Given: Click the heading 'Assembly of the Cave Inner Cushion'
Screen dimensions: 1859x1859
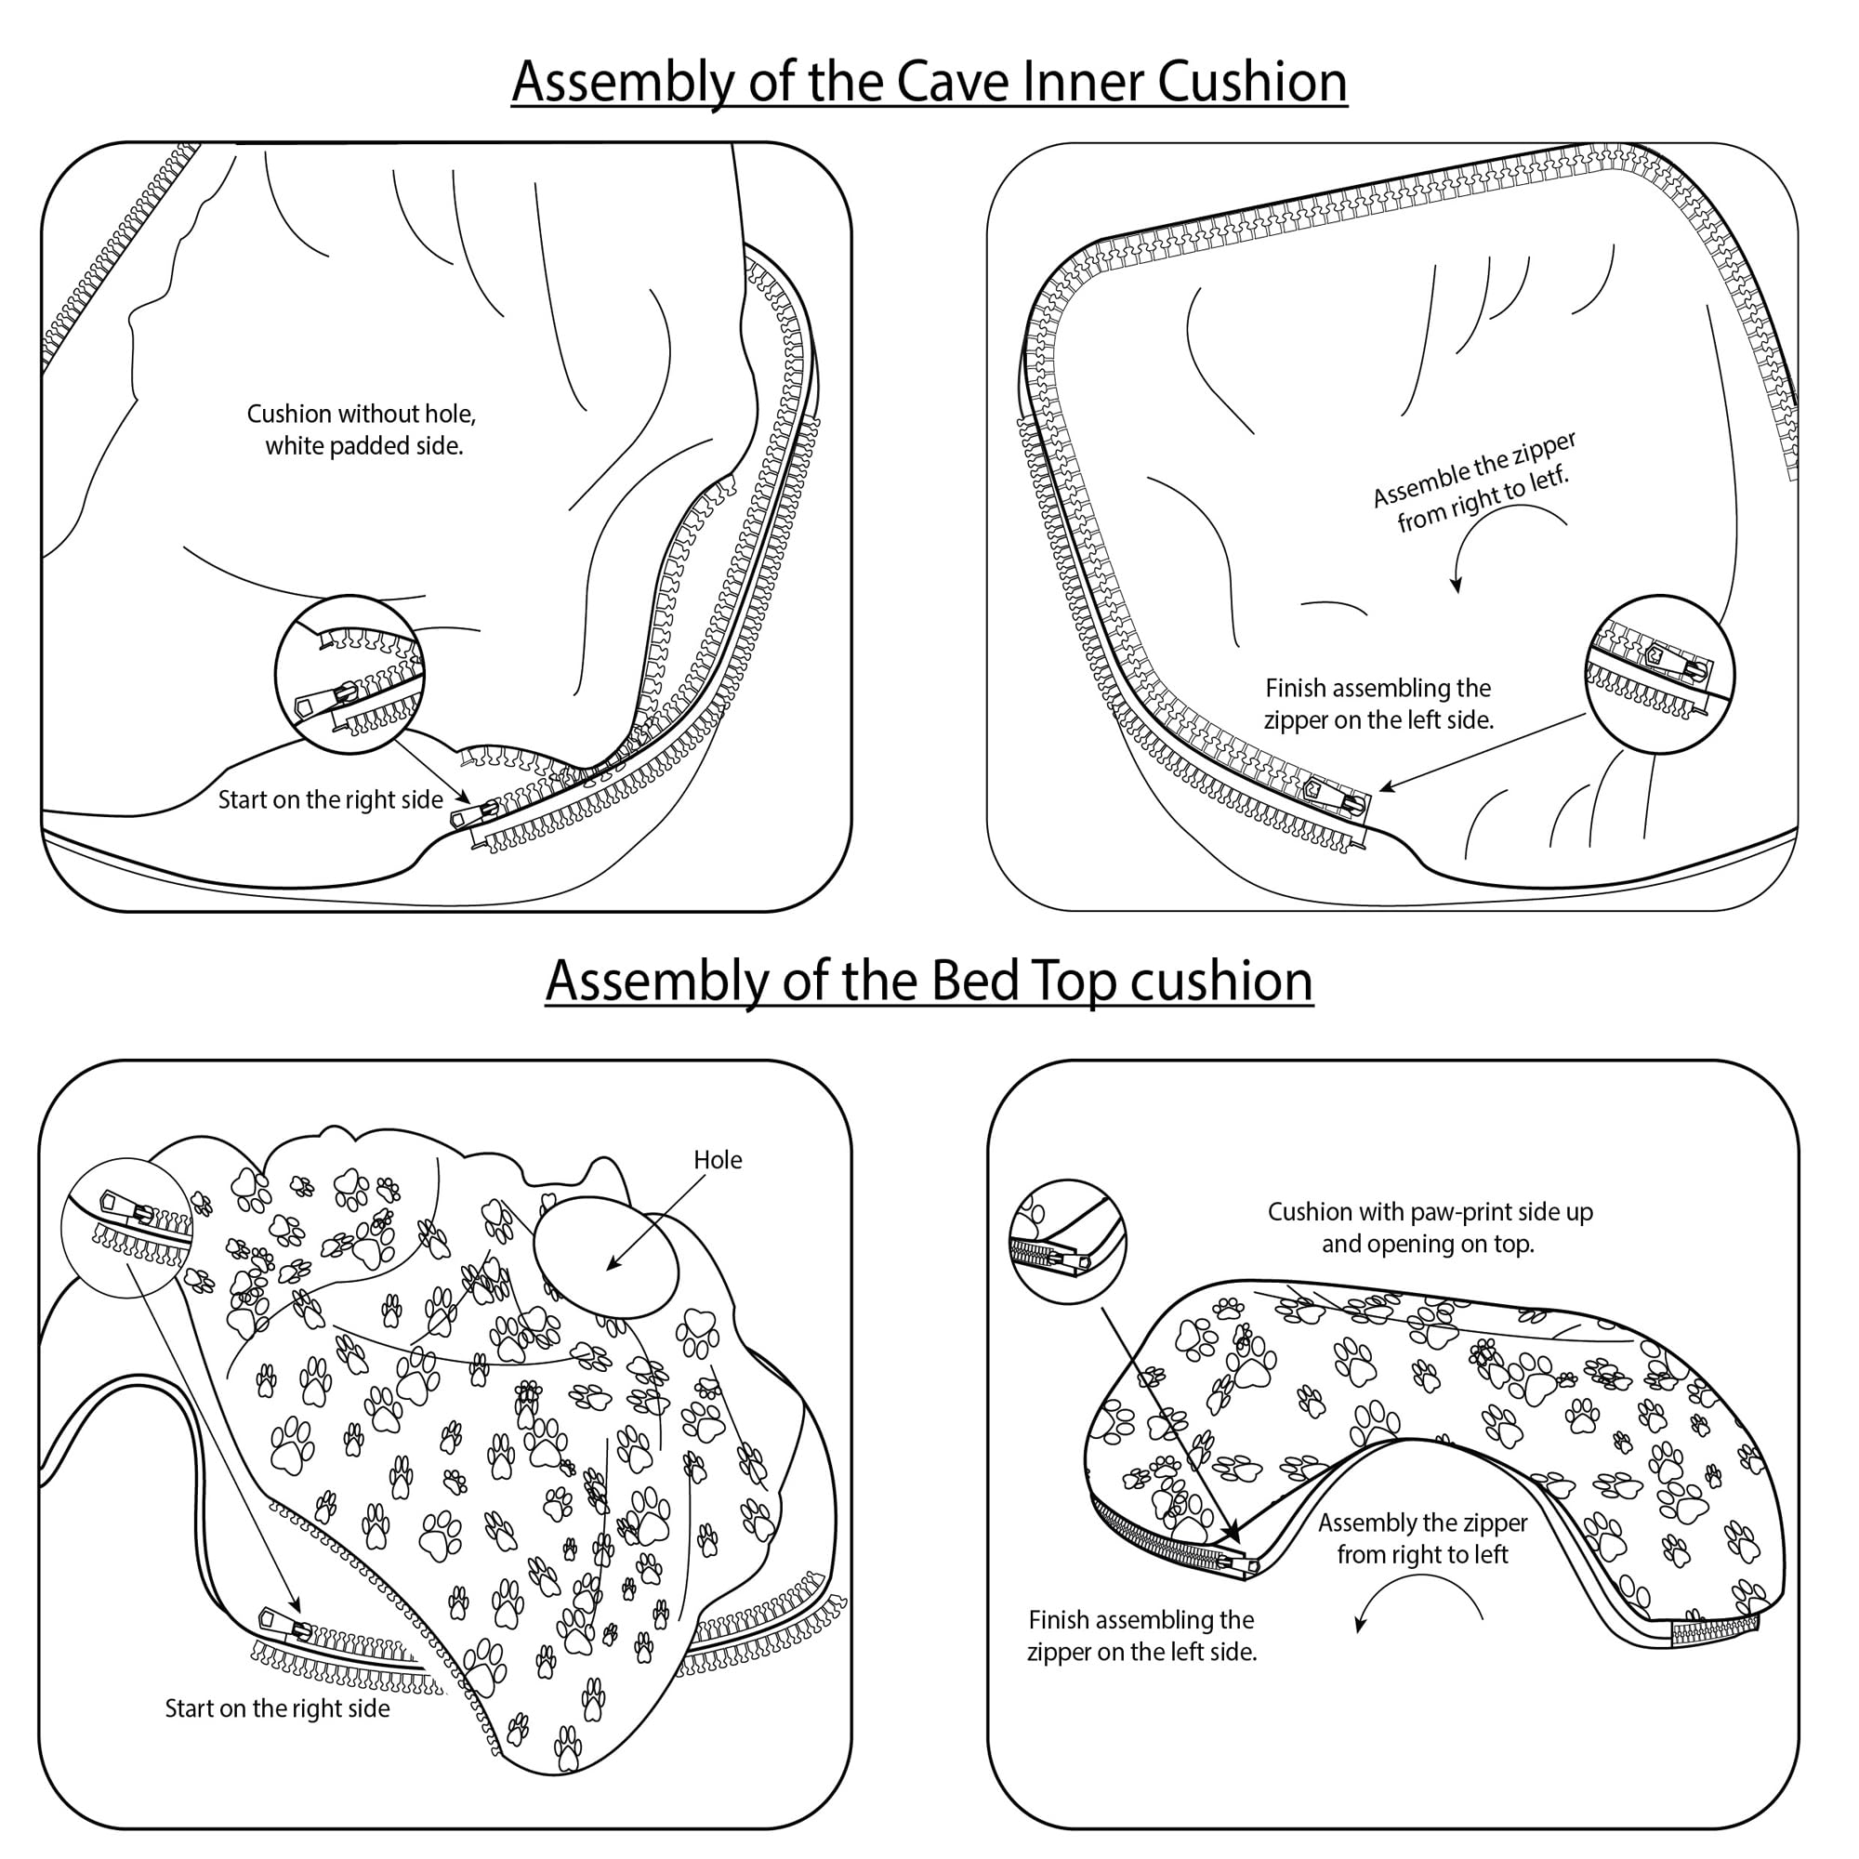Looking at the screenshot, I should pyautogui.click(x=929, y=82).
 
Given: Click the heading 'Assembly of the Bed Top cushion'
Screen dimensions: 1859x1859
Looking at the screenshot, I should pyautogui.click(x=929, y=982).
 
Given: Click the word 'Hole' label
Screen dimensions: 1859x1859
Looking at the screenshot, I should pyautogui.click(x=717, y=1160).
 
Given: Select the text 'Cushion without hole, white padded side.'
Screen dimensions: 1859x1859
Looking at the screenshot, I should pyautogui.click(x=362, y=430).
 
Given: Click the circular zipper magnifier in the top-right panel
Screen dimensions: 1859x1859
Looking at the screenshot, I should pyautogui.click(x=1659, y=674).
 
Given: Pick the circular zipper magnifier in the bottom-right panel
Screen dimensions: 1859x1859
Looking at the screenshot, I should pyautogui.click(x=1067, y=1241).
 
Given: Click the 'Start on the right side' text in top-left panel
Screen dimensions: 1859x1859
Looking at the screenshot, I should pyautogui.click(x=330, y=800).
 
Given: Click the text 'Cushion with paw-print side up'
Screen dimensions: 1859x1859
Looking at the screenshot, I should pyautogui.click(x=1430, y=1212).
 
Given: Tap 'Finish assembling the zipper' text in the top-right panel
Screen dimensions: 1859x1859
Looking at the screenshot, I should pyautogui.click(x=1378, y=705).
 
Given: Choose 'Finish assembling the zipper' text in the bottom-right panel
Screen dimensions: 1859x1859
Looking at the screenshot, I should pyautogui.click(x=1142, y=1636).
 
